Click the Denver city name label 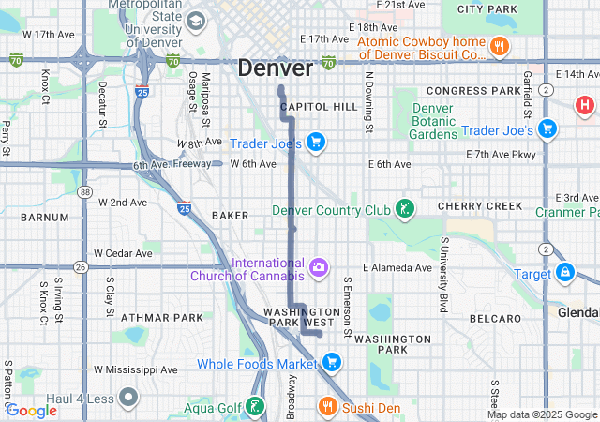275,68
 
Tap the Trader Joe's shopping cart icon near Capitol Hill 317,143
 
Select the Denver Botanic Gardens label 432,121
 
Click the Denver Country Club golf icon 405,209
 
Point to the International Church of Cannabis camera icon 320,269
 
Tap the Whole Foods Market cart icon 331,363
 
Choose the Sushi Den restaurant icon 327,407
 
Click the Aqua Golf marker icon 253,407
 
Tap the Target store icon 564,273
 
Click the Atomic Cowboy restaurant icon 500,46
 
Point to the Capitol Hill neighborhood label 319,107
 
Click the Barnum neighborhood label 44,217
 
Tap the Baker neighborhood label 230,215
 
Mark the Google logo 32,410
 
